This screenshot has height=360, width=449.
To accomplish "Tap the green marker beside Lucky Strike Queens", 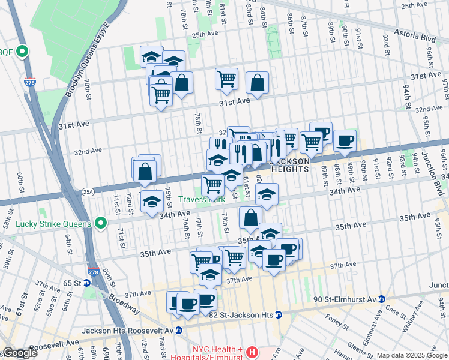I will [101, 224].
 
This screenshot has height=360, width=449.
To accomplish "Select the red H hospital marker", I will [253, 351].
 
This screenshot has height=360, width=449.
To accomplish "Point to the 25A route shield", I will [88, 192].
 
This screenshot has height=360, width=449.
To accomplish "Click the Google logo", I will [19, 353].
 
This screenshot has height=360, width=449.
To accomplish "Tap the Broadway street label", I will [124, 305].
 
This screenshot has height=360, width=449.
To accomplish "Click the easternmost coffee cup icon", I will [345, 140].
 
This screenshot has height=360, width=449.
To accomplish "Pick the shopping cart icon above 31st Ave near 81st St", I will [226, 78].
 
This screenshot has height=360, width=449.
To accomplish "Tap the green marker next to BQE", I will [23, 52].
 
